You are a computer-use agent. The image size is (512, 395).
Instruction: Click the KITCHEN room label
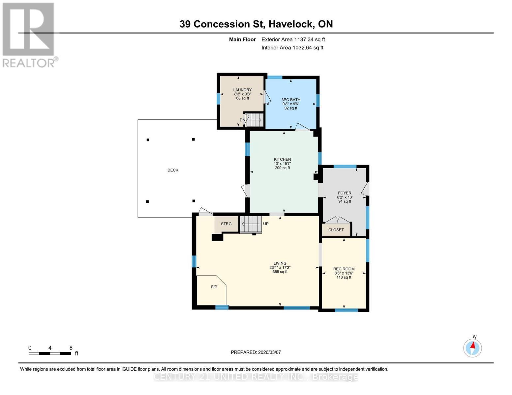coord(282,159)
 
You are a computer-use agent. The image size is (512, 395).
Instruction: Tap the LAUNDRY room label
coord(242,90)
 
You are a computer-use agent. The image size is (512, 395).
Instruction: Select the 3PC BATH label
coord(291,100)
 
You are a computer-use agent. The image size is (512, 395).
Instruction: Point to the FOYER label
coord(345,193)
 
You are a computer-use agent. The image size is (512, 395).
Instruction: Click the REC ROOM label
coord(344,269)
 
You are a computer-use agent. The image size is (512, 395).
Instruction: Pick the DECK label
coord(173,170)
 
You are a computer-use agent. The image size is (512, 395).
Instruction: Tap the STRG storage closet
coord(226,224)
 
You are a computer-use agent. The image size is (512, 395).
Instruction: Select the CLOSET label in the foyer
coord(336,230)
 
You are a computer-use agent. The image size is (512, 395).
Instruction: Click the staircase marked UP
coord(251,224)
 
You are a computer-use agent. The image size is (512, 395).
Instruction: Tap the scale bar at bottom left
coord(50,354)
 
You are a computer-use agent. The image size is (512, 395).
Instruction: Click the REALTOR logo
coord(29,35)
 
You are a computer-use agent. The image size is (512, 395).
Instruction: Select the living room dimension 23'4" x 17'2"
coord(280,268)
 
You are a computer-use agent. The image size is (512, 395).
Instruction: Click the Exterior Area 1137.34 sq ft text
coord(293,39)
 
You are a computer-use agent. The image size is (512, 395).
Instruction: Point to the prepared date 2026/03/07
coord(256,352)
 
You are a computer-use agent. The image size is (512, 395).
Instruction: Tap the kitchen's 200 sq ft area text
coord(282,168)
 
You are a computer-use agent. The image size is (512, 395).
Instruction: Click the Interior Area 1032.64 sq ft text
coord(292,48)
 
